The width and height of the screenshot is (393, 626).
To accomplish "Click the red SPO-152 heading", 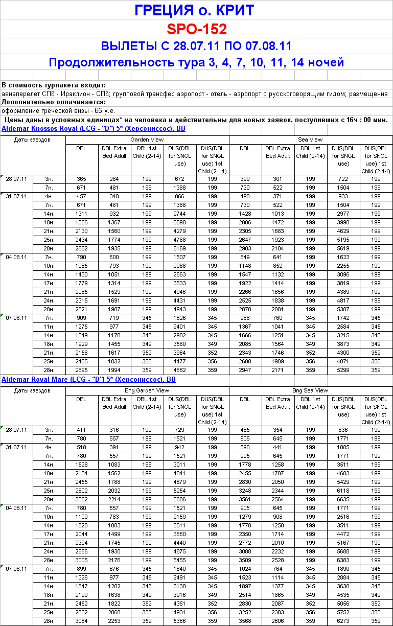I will [x=196, y=29].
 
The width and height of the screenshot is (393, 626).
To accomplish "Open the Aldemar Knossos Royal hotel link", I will [x=94, y=128].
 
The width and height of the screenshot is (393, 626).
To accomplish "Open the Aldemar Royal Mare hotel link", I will [x=88, y=380].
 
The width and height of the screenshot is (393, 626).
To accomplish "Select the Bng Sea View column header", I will [x=310, y=390].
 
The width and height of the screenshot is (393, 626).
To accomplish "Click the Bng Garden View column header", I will [x=147, y=390].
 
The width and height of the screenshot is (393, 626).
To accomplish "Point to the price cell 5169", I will [x=180, y=248].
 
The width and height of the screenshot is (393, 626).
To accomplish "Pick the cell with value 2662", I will [x=82, y=248].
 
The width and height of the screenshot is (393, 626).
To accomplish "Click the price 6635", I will [x=343, y=500].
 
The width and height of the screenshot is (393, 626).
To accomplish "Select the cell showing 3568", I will [x=245, y=621].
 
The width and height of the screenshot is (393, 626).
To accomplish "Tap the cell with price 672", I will [x=180, y=179].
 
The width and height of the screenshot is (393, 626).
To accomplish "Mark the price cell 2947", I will [x=245, y=369].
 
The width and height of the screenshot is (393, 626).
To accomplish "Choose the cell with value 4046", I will [x=180, y=292].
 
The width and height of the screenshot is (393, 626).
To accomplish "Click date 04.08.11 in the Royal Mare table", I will [x=16, y=508].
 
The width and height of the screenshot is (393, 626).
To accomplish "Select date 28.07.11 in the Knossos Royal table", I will [x=16, y=179].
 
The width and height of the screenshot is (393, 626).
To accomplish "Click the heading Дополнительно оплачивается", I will [x=53, y=102].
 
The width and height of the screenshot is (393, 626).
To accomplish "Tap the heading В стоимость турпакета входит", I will [x=54, y=85].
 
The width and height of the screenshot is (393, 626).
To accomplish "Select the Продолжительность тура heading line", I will [x=196, y=62].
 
